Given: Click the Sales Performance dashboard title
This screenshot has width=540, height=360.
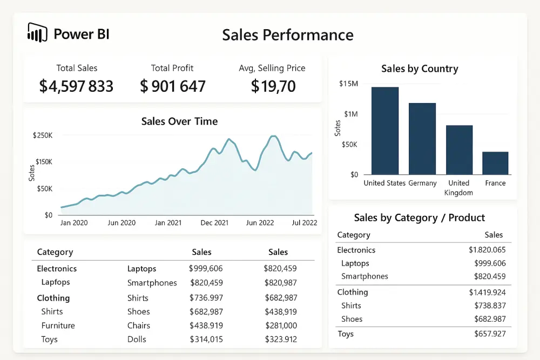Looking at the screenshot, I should point(288,35).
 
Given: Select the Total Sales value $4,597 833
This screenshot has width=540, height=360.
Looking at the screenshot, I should point(77,86).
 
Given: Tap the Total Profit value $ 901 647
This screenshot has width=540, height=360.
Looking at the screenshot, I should point(173,86).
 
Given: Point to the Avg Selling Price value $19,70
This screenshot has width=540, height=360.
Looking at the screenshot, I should point(273,86).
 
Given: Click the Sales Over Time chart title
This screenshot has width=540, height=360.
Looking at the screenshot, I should point(179,121).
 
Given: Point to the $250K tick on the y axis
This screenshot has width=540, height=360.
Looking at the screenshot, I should point(43,135).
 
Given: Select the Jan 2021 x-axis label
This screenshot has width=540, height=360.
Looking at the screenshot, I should point(167,223).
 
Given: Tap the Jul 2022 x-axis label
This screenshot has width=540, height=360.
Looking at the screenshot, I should point(303,223).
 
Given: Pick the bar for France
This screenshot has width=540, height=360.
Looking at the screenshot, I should point(495,163).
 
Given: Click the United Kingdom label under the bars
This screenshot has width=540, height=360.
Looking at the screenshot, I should point(458,188).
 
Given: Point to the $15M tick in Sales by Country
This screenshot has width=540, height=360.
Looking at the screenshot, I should point(348,84).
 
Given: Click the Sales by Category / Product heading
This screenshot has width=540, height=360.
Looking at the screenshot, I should point(420,218).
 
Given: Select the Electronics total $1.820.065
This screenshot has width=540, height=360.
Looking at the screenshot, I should point(487,250).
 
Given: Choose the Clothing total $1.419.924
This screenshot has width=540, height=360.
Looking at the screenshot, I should point(487,293).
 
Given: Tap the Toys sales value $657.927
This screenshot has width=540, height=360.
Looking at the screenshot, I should point(489,334).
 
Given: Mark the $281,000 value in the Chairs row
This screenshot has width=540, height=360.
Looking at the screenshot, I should point(281,325).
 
